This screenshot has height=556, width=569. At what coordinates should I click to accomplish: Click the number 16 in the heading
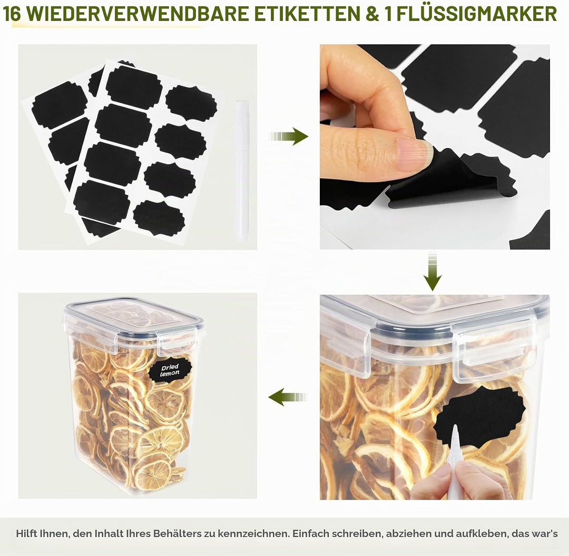(x=12, y=13)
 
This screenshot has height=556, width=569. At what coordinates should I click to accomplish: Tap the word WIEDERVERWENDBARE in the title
(x=138, y=13)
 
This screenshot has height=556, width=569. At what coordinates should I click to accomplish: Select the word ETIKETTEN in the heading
(x=306, y=13)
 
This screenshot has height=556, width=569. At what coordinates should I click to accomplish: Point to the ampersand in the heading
(x=371, y=13)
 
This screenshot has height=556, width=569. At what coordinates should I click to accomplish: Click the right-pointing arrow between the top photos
(x=289, y=136)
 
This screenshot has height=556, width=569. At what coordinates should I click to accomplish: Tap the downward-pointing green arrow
(x=433, y=272)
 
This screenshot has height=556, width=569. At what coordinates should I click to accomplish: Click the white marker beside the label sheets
(x=241, y=170)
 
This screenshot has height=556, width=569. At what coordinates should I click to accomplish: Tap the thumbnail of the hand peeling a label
(x=435, y=146)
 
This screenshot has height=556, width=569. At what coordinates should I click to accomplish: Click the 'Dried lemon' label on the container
(x=170, y=370)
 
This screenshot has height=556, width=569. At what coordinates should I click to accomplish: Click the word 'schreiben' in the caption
(x=357, y=533)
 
